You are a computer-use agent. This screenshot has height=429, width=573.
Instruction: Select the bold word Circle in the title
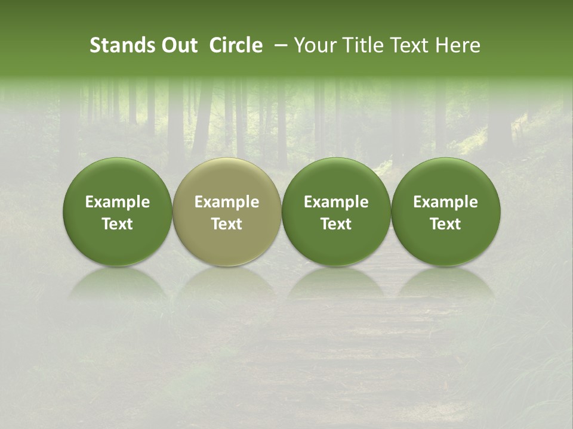pos(236,46)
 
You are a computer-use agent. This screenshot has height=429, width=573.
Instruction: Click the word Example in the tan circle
pos(227,203)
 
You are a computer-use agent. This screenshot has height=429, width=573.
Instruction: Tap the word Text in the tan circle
pos(227,224)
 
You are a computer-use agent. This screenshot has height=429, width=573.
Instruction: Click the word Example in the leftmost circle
pos(118,203)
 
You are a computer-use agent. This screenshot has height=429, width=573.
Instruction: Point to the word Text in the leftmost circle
pos(118,224)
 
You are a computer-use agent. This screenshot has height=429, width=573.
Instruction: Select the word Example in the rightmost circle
pos(445,203)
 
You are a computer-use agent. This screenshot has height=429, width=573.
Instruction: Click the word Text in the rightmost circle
pos(445,224)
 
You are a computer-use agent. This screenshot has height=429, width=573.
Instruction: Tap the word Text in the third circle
pos(336,224)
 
